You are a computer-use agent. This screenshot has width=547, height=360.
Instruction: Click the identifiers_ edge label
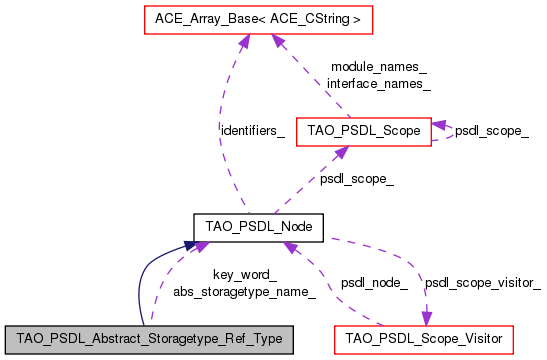(252, 131)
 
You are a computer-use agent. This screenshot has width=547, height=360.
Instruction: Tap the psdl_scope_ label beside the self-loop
(492, 131)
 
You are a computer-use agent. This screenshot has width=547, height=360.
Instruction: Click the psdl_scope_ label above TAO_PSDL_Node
(356, 179)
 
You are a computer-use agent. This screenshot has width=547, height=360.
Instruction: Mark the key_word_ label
(244, 275)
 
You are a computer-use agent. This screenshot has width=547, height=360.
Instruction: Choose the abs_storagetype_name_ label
(244, 291)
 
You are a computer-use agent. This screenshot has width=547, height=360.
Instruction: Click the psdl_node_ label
(374, 283)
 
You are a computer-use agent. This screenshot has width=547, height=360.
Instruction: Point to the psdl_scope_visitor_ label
(482, 283)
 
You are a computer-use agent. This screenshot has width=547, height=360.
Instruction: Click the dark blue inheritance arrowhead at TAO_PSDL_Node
(190, 244)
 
